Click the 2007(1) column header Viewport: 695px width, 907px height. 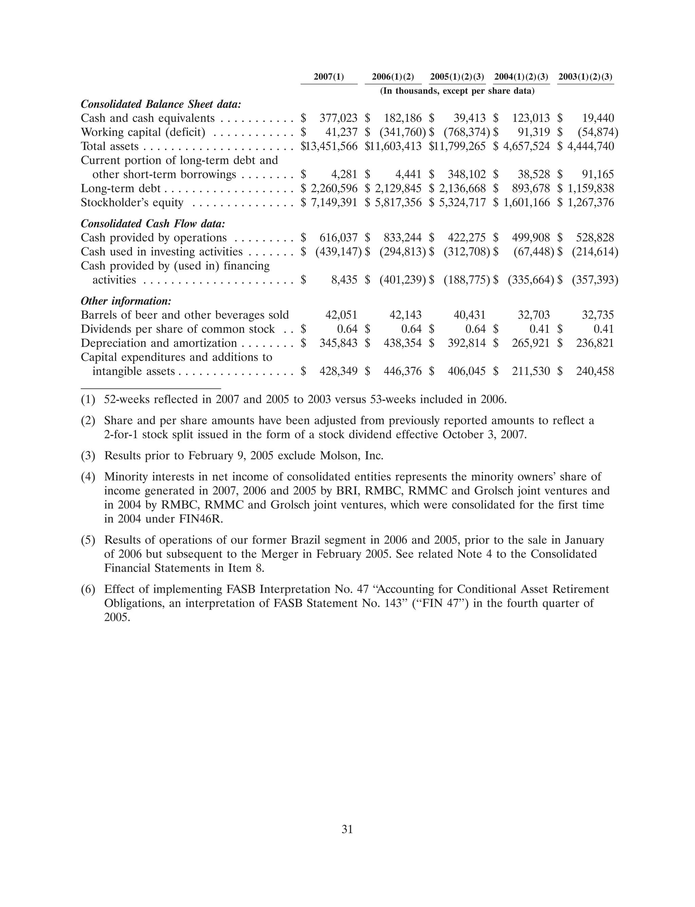329,77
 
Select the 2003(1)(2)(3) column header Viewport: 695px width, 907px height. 585,77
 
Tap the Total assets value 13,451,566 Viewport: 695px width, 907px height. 329,146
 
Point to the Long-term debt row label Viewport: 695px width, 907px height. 120,189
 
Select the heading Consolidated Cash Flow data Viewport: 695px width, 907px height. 153,224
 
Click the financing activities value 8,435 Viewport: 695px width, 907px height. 344,280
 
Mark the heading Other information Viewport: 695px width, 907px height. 126,301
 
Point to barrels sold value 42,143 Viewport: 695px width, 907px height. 406,315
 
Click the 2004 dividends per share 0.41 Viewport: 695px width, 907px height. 540,329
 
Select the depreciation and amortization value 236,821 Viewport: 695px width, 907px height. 595,343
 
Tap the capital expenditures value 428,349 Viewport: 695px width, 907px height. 338,371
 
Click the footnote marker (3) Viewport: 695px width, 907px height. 88,456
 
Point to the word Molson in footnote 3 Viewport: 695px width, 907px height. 340,456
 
